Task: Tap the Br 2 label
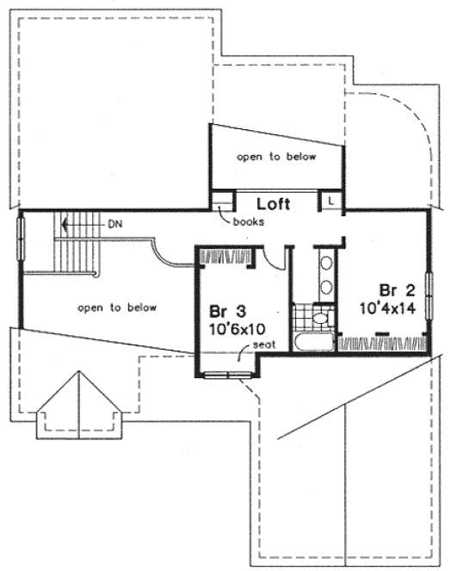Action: coord(392,289)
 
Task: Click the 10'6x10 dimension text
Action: coord(226,327)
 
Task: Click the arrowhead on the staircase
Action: coord(61,223)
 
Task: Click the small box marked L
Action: coord(332,199)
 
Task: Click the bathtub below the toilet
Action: coord(312,342)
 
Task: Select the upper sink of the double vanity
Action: coord(326,264)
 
